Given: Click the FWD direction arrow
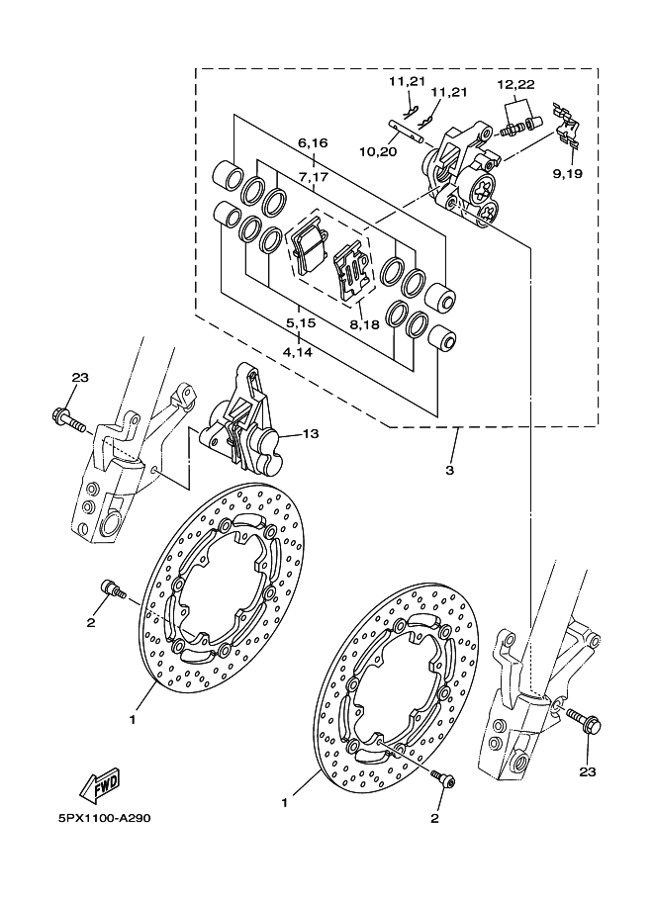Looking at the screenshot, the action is pyautogui.click(x=100, y=785).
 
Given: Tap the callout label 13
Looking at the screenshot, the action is pyautogui.click(x=310, y=433).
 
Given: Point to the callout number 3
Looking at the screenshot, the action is pyautogui.click(x=450, y=471).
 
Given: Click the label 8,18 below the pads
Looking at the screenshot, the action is pyautogui.click(x=363, y=324).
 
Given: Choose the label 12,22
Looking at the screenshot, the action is pyautogui.click(x=516, y=85).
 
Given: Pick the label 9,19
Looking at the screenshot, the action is pyautogui.click(x=568, y=173).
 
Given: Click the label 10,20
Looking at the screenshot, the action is pyautogui.click(x=378, y=151).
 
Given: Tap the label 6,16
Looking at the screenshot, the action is pyautogui.click(x=313, y=142).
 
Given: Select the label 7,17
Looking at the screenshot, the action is pyautogui.click(x=313, y=177).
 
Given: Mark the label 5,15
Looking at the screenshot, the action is pyautogui.click(x=301, y=323).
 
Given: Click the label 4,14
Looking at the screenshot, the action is pyautogui.click(x=298, y=351).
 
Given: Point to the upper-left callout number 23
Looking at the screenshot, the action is pyautogui.click(x=81, y=378).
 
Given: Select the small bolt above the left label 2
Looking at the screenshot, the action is pyautogui.click(x=113, y=589).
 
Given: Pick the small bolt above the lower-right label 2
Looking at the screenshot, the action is pyautogui.click(x=444, y=778).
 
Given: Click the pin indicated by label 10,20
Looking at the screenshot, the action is pyautogui.click(x=406, y=131).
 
